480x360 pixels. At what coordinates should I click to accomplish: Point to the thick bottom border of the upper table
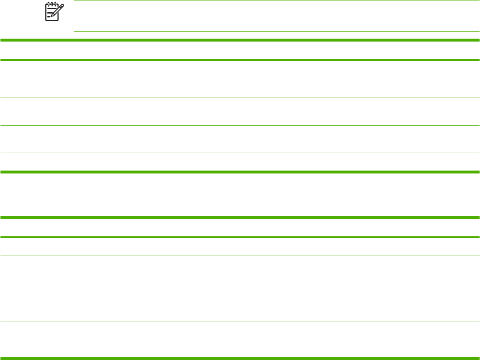pos(240,172)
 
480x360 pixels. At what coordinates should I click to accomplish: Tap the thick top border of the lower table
pos(240,217)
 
